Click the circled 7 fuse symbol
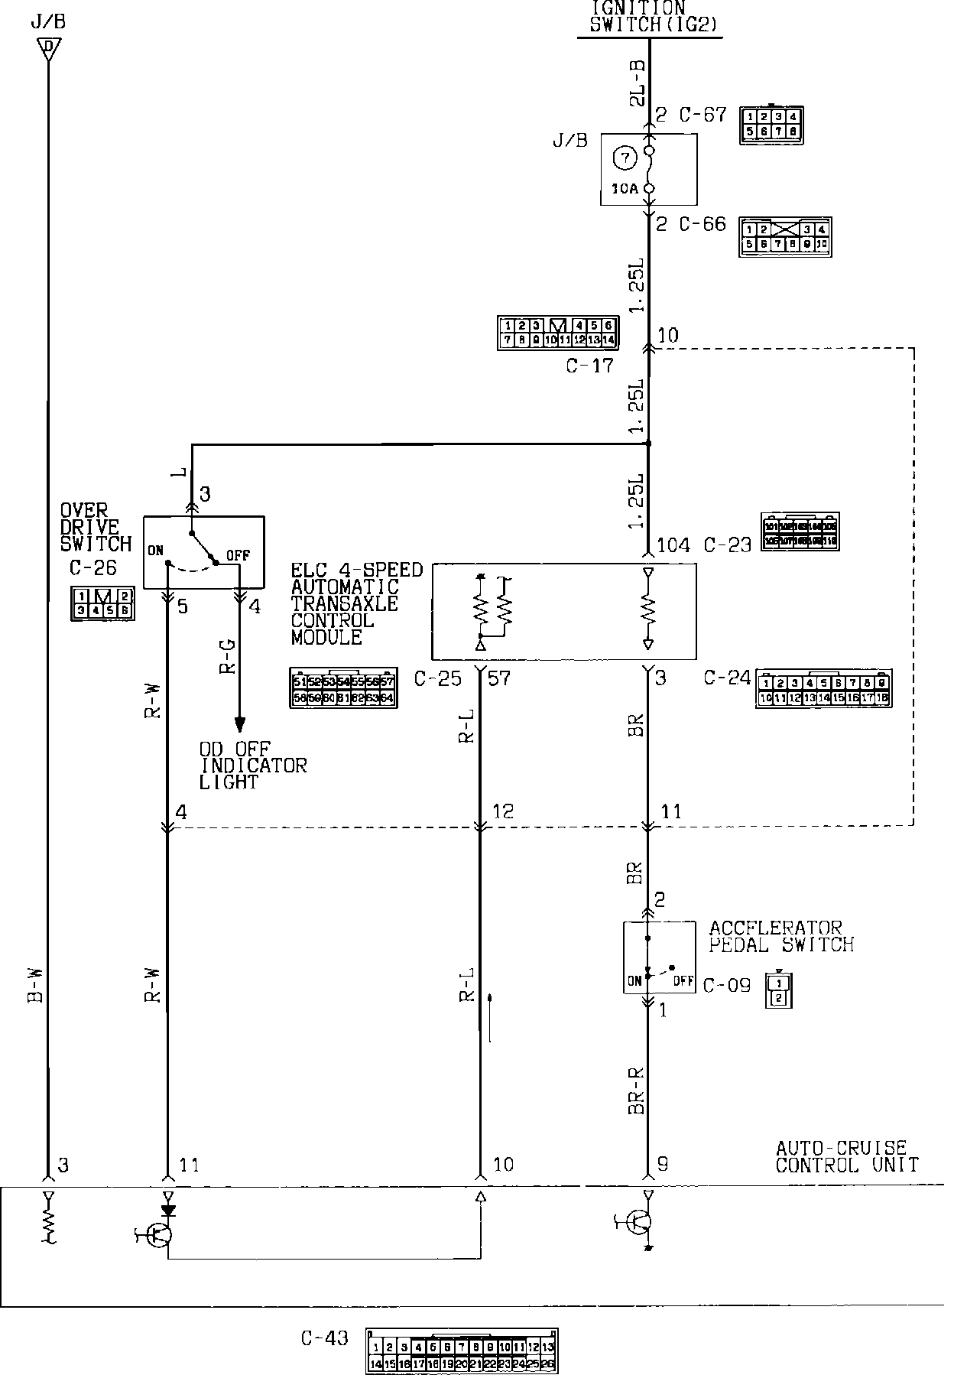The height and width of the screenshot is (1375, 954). pos(625,158)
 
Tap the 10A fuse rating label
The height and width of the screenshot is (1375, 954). pos(624,188)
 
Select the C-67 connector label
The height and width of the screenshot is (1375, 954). pos(703,115)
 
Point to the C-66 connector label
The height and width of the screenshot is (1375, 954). pos(703,225)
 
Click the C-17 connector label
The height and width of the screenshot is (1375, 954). pos(589,366)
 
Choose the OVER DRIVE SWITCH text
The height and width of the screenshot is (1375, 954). pos(96,528)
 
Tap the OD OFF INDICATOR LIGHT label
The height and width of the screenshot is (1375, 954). pos(252,766)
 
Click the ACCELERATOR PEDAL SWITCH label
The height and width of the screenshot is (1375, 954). pos(780,937)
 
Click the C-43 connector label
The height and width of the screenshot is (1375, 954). pos(324,1338)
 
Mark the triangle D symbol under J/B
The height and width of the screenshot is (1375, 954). pos(48,48)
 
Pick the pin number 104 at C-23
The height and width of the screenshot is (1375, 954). pos(673,545)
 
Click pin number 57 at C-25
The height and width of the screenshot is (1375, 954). pos(498,678)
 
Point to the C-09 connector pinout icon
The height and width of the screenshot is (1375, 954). pos(777,991)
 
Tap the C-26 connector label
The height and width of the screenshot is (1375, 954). pos(86,568)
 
